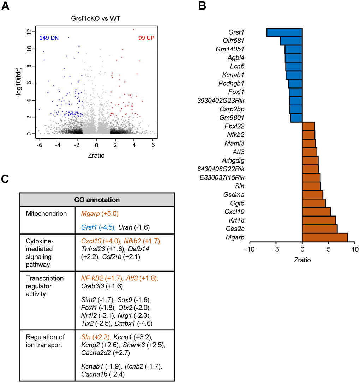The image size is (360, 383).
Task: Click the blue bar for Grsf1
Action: [284, 32]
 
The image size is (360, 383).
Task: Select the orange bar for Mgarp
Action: [325, 237]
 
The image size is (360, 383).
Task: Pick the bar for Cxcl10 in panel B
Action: [316, 212]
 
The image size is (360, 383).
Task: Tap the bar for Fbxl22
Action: [308, 126]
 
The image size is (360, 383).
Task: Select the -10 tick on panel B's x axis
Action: [250, 249]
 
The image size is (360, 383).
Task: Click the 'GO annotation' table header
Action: [96, 200]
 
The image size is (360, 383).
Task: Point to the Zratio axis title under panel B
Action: [302, 260]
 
